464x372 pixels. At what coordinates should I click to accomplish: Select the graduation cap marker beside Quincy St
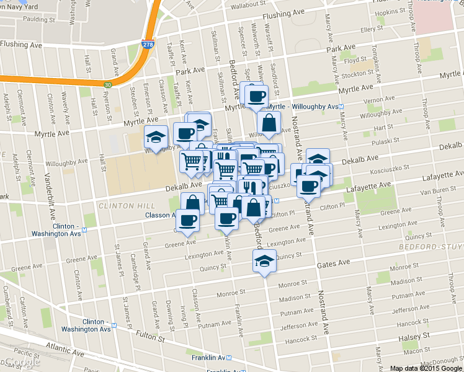point(265,261)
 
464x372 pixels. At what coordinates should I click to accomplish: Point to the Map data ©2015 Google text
point(425,368)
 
